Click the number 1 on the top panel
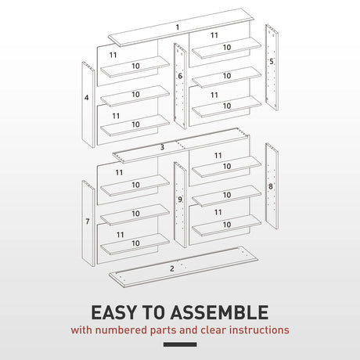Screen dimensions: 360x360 [x=178, y=27]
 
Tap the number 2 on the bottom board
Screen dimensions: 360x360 [x=171, y=268]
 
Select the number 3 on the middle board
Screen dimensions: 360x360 [x=162, y=147]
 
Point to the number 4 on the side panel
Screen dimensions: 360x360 [x=86, y=98]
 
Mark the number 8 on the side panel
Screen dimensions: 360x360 [x=271, y=186]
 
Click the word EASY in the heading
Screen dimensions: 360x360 [x=118, y=312]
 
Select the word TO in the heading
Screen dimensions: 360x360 [x=162, y=312]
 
